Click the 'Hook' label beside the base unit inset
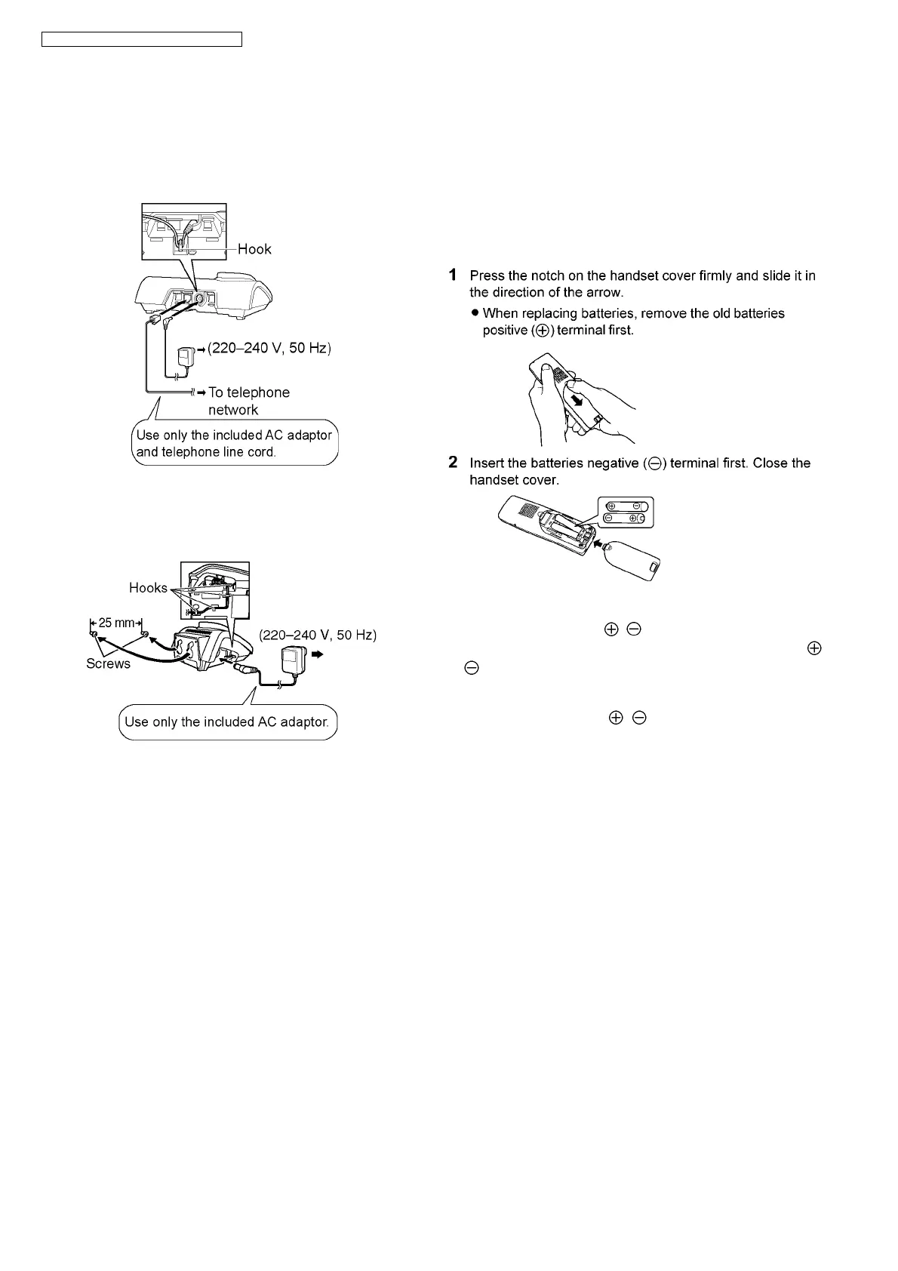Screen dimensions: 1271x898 (x=254, y=249)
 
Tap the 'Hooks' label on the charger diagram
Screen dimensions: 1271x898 (x=148, y=588)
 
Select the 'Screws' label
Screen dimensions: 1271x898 (x=108, y=663)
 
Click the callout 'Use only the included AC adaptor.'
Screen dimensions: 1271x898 (x=227, y=722)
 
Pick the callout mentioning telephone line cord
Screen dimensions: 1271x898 (x=234, y=444)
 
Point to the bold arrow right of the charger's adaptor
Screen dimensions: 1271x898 (x=316, y=655)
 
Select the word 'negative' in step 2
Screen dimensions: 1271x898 (x=612, y=463)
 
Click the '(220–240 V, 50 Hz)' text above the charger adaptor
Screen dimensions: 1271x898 (x=317, y=635)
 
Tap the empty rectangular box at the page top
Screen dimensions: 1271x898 (x=141, y=39)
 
